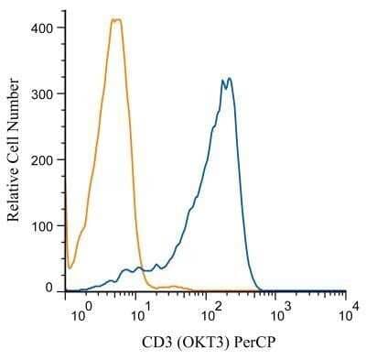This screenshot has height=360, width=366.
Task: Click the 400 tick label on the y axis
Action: [42, 27]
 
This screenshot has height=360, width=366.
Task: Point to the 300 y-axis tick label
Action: [42, 93]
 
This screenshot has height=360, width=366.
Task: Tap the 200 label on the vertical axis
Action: [42, 159]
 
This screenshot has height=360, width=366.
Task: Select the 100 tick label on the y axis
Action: [42, 225]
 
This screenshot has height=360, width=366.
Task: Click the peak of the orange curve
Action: [115, 19]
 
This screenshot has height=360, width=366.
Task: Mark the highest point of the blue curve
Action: [229, 79]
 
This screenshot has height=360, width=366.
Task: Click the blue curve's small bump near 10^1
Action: [140, 267]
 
